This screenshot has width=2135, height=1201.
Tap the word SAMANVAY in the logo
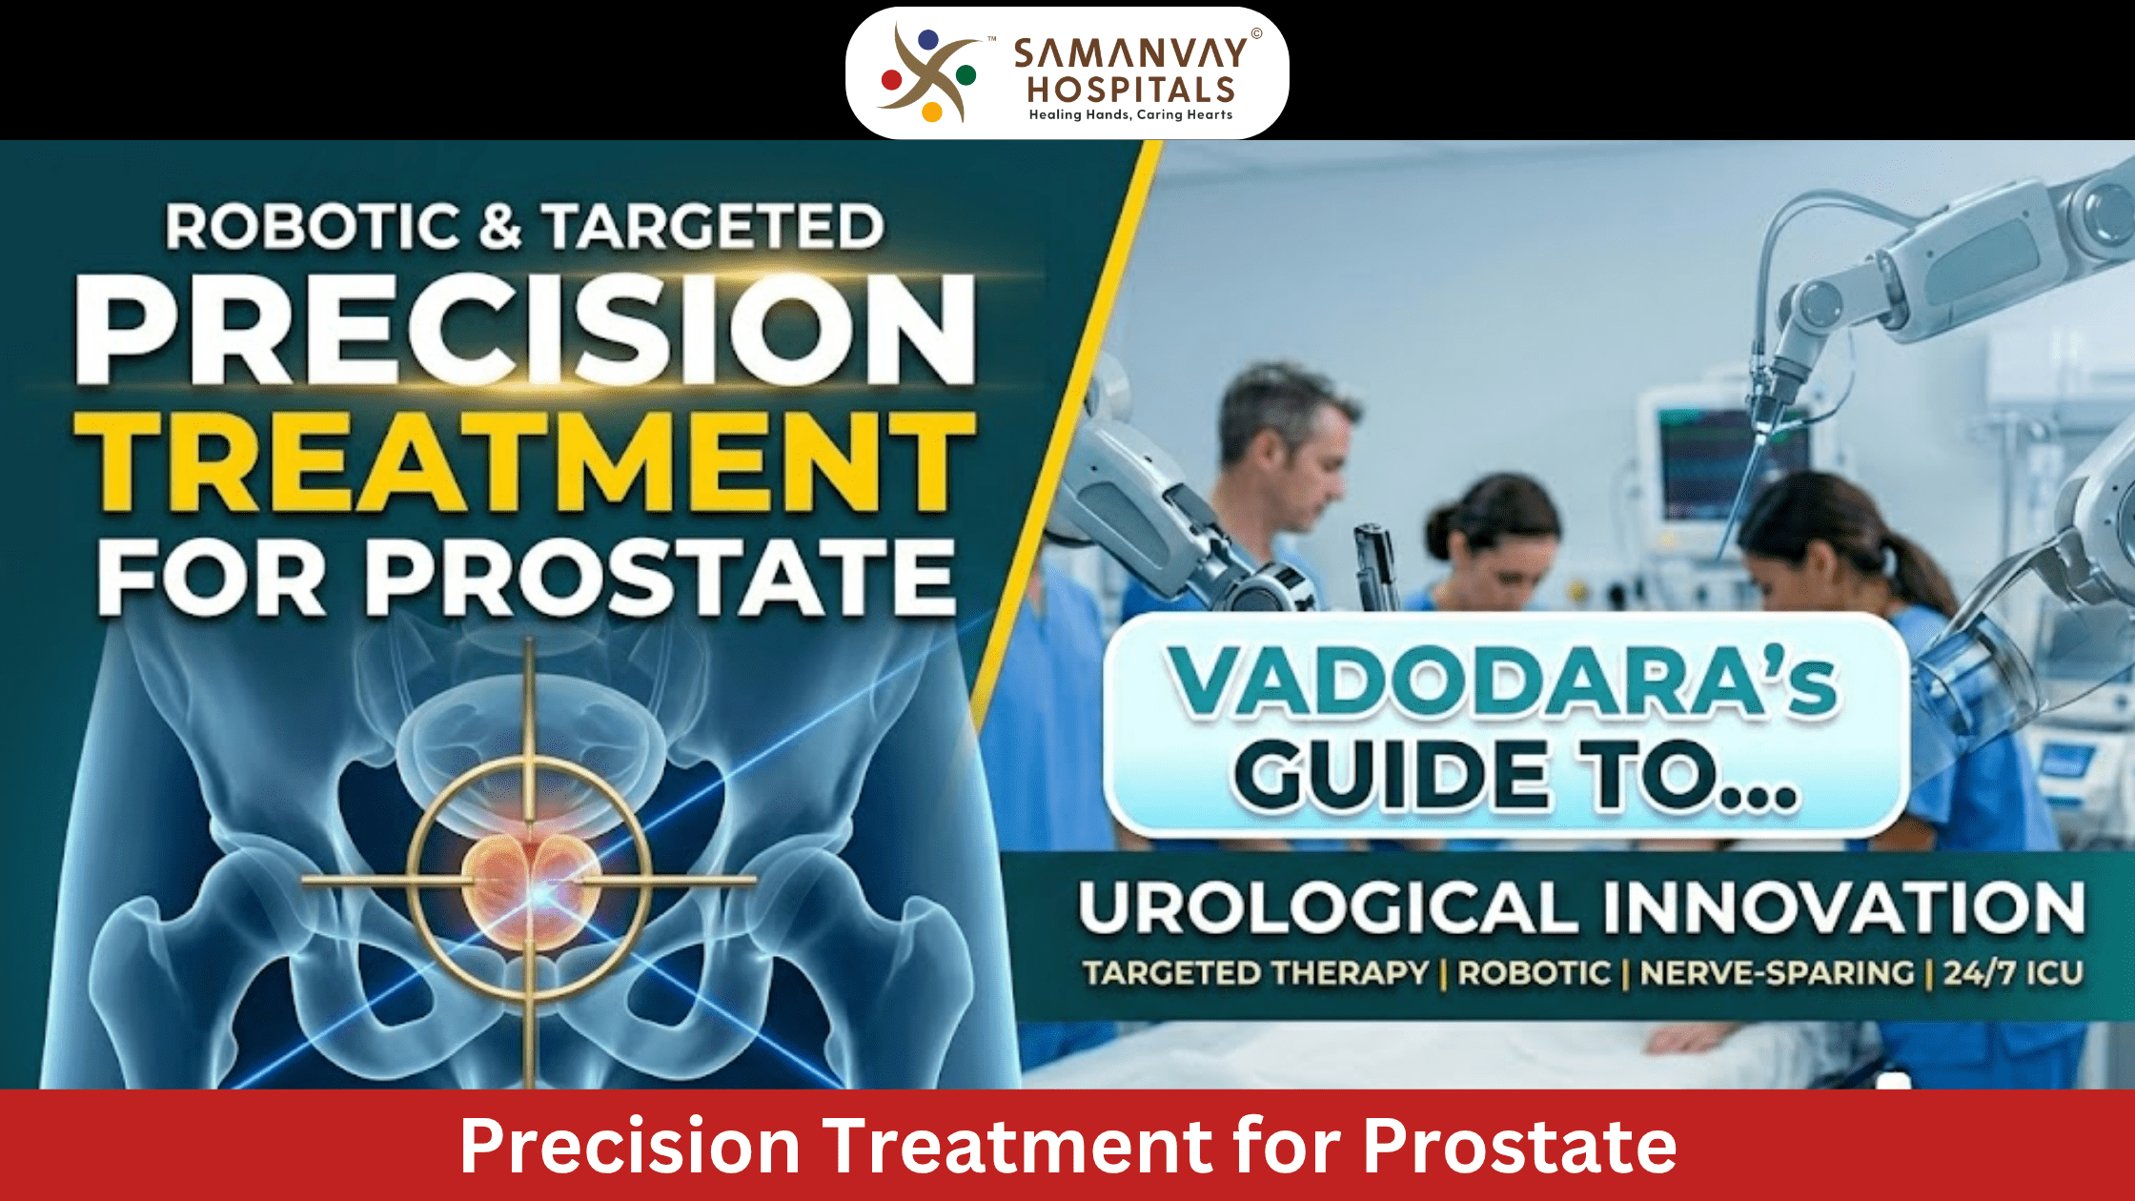pos(1130,54)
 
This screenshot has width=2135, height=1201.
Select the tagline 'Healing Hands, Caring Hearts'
pos(1130,114)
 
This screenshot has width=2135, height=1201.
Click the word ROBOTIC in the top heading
pos(313,227)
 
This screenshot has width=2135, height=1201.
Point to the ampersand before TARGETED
pos(501,227)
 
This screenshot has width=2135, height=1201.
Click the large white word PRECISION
pos(525,330)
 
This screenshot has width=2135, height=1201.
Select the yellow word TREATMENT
pos(525,462)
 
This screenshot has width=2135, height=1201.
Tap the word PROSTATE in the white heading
pos(661,578)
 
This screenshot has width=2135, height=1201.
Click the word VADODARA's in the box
pos(1502,682)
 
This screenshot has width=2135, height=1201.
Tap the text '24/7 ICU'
pos(2013,973)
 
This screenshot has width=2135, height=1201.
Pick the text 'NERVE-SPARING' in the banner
pos(1777,973)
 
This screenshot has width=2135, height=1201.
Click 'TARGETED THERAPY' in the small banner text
pos(1255,973)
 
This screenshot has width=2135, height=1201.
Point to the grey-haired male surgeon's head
pos(1287,429)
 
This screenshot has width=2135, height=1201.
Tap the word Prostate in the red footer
pos(1519,1146)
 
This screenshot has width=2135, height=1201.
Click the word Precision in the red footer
pos(630,1146)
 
